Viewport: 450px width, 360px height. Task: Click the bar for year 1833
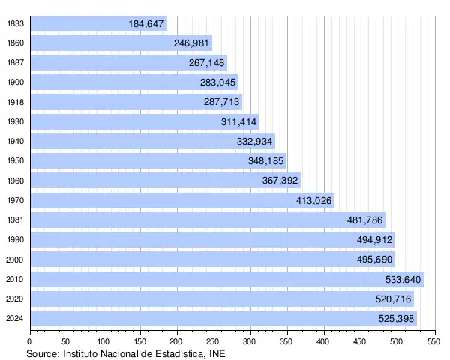pos(97,24)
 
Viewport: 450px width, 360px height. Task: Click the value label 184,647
pos(146,24)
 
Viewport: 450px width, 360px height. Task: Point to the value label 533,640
pos(403,280)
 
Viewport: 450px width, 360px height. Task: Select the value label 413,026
pos(314,201)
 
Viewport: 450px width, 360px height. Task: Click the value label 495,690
pos(376,260)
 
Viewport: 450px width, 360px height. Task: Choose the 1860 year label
pos(15,43)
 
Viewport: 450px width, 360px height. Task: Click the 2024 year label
pos(15,319)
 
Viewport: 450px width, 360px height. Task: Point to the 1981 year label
pos(15,220)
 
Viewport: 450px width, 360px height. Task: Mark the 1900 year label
pos(15,83)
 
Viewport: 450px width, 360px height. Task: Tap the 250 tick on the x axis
pos(214,341)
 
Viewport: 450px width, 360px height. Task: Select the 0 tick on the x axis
pos(30,341)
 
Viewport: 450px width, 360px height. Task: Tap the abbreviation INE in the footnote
pos(215,352)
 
